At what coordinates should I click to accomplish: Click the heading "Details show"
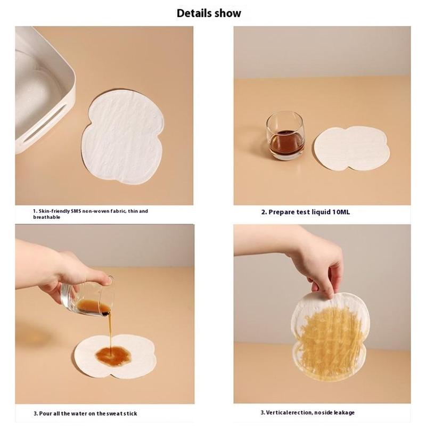tap(209, 13)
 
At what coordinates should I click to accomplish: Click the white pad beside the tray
tap(123, 137)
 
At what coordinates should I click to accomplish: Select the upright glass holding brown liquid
tap(285, 136)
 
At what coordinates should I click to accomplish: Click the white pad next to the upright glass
tap(352, 149)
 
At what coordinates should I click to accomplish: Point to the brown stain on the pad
tap(113, 356)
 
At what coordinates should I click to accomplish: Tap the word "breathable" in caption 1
tap(46, 217)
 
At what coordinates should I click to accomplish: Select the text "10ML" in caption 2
tap(341, 212)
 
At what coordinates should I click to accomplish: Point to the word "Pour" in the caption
tap(45, 414)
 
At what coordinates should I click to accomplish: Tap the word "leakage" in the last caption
tap(344, 413)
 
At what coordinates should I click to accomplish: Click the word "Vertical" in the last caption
tap(275, 412)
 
